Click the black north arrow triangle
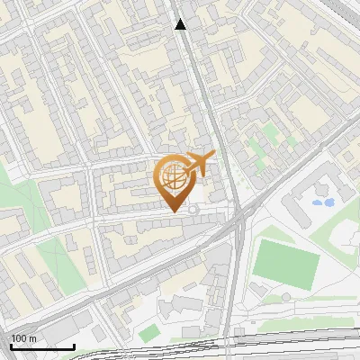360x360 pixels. pos(180,24)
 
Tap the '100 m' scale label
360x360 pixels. pos(23,337)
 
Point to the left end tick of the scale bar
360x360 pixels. pos(11,345)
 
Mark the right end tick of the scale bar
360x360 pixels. pos(74,345)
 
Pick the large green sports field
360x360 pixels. pos(286,260)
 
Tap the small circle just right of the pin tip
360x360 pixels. pos(193,210)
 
